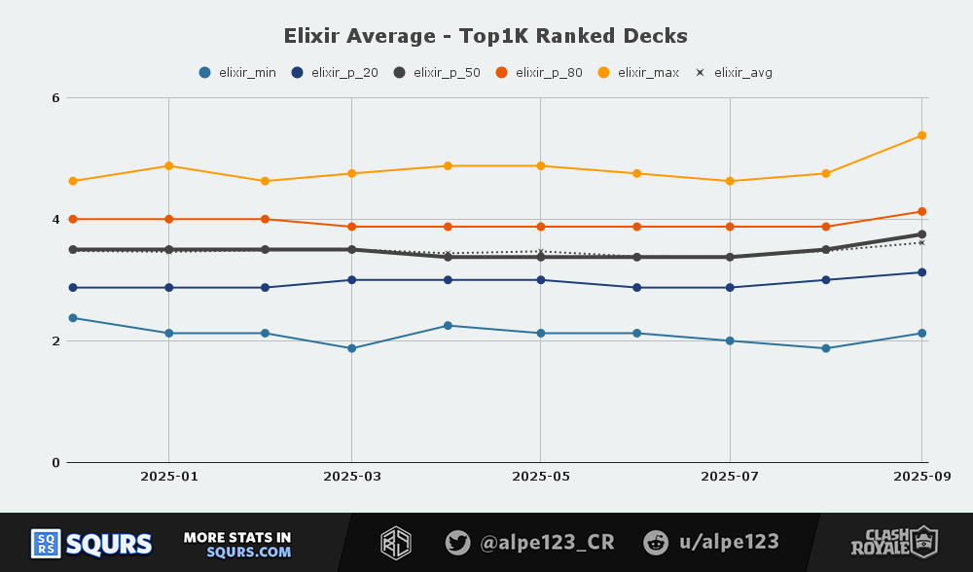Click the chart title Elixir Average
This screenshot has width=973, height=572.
486,36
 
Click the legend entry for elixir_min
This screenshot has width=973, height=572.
237,72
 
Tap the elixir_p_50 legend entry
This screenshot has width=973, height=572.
437,72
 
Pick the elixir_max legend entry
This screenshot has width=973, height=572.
638,72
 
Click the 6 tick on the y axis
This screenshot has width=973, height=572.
56,98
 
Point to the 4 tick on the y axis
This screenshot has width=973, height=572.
56,220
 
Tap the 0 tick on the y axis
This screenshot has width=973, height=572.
56,463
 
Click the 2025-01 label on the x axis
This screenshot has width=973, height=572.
169,477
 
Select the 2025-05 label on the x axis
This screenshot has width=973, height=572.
540,477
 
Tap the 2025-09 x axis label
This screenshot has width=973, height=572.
920,477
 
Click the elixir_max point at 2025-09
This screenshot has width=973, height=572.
921,135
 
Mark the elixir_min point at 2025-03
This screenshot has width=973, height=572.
351,348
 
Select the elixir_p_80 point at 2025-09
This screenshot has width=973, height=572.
921,211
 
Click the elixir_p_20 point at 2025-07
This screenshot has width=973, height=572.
730,287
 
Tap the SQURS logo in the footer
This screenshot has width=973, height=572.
92,543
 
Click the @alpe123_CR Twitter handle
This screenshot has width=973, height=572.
530,543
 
